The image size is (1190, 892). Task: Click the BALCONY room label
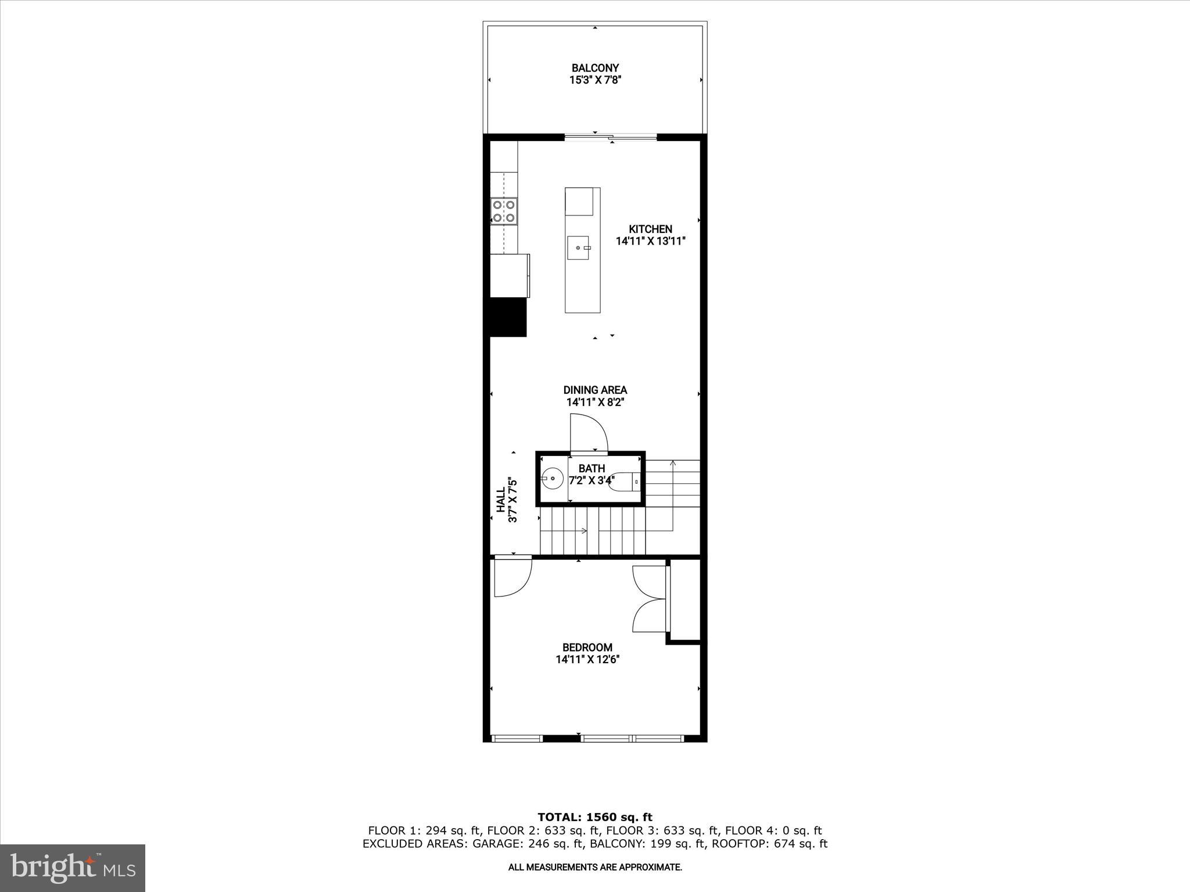point(595,68)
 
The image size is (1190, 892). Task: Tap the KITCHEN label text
point(650,229)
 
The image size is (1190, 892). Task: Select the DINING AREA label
point(595,390)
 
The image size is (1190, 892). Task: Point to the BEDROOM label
point(587,648)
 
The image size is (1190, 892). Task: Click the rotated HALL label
point(501,500)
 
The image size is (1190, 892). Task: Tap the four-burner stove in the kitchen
point(97,211)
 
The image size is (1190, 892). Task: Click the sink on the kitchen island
point(579,248)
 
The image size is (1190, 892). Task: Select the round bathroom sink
point(552,479)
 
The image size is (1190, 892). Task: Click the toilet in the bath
point(624,481)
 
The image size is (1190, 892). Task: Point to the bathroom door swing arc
point(589,432)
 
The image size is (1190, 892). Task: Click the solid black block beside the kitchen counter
point(508,317)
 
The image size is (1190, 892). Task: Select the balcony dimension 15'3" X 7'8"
point(595,80)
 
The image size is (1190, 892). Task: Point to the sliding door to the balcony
point(610,138)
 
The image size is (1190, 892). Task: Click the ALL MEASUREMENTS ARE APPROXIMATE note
point(595,868)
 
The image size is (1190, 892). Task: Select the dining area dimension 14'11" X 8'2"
point(595,402)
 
